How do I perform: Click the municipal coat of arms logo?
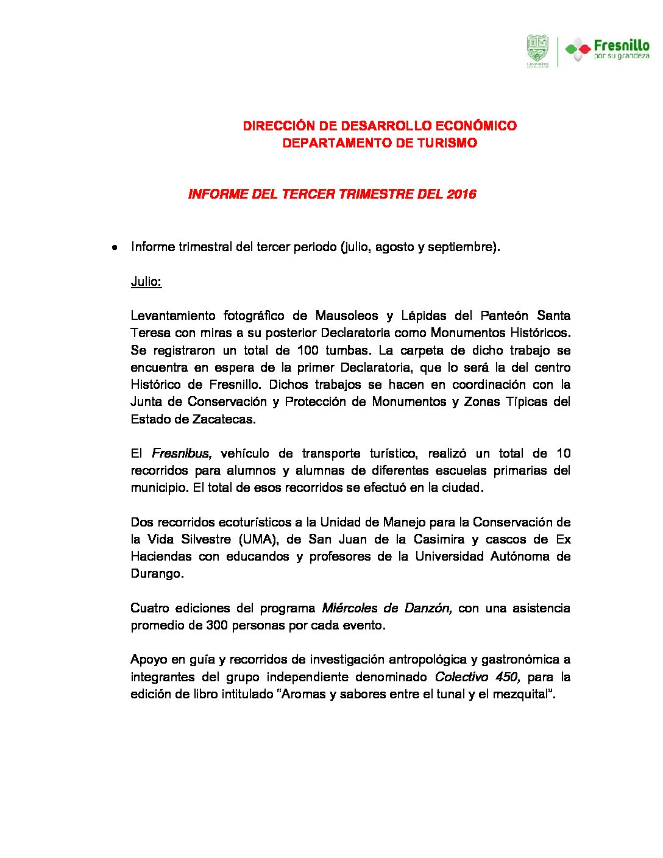(x=537, y=51)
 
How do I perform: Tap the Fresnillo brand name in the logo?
(x=621, y=46)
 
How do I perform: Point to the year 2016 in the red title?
(x=461, y=194)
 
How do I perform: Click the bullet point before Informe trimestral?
(x=114, y=248)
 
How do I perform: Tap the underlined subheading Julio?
(x=146, y=282)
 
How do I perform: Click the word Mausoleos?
(x=346, y=316)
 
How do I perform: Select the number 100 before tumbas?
(x=308, y=350)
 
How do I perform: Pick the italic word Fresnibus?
(x=181, y=453)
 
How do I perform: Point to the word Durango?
(x=157, y=573)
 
